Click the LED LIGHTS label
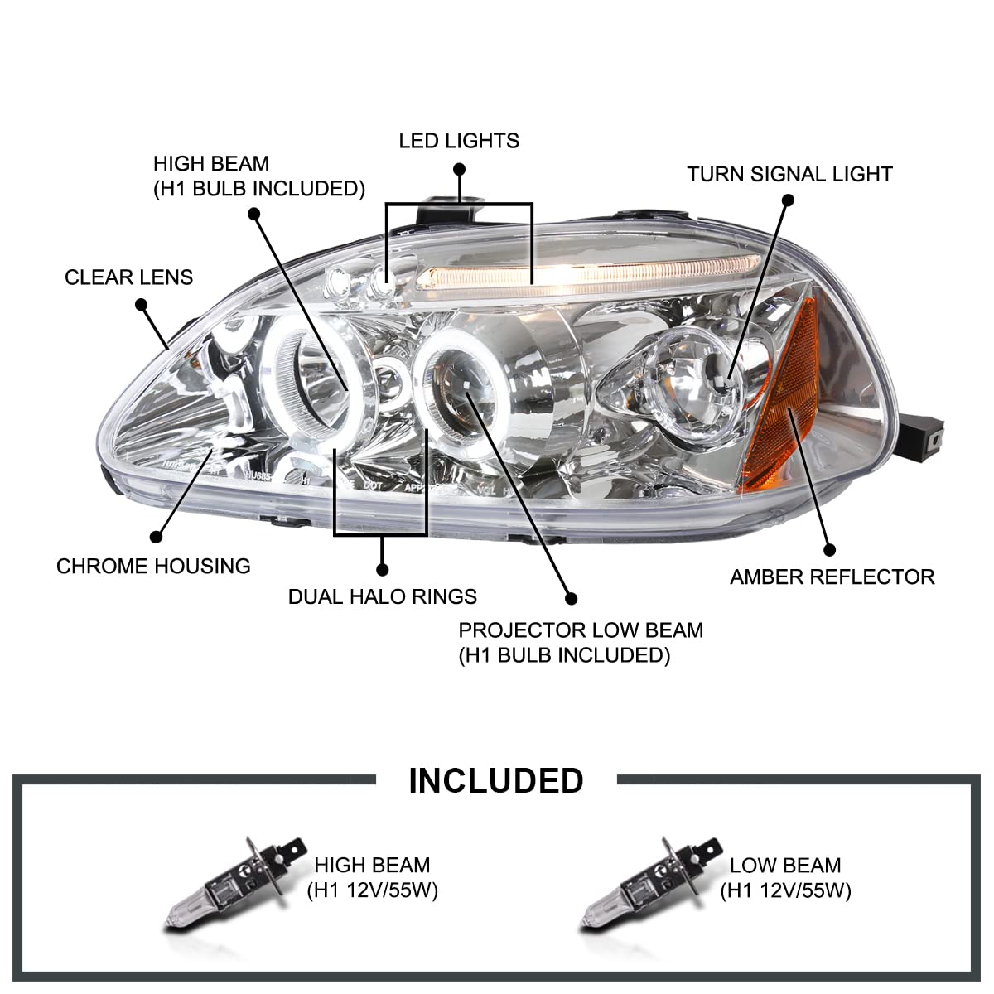click(459, 141)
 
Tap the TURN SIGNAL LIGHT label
click(789, 175)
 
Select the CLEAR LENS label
click(128, 277)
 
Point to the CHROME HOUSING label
click(153, 567)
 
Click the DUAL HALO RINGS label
click(382, 596)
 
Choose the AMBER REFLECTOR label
click(832, 577)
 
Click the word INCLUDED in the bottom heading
click(495, 781)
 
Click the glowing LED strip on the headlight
click(580, 273)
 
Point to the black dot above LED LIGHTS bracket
click(460, 170)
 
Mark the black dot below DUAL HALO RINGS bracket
click(382, 569)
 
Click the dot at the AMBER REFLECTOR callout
click(829, 549)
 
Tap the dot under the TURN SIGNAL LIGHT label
click(788, 200)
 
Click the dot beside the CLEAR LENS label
click(141, 305)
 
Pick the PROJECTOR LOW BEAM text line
click(581, 630)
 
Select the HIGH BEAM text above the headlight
click(211, 164)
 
